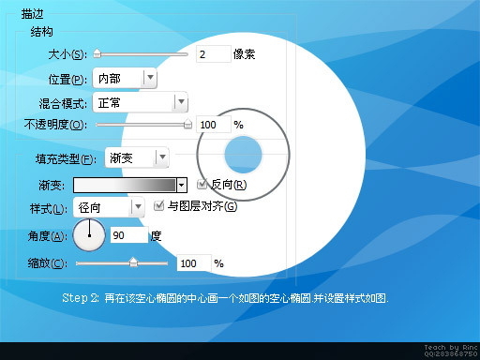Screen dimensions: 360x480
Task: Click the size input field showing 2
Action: tap(214, 54)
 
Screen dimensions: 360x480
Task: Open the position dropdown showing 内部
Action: tap(125, 79)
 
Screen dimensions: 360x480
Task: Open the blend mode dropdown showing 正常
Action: tap(142, 101)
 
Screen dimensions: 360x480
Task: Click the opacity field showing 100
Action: tap(213, 124)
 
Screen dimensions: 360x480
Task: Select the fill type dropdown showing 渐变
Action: tap(137, 157)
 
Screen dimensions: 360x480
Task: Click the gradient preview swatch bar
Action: tap(125, 185)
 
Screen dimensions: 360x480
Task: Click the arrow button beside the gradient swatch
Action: tap(182, 185)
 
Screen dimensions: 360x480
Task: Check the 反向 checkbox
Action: tap(202, 184)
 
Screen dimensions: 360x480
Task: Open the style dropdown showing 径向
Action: tap(109, 206)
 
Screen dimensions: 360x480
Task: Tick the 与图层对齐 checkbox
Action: tap(158, 205)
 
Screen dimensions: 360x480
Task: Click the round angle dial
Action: tap(89, 235)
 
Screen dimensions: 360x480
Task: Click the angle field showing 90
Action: tap(128, 235)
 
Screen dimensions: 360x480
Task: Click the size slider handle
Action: tap(97, 54)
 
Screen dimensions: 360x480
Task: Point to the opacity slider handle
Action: tap(187, 123)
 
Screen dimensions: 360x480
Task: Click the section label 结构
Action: tap(42, 32)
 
